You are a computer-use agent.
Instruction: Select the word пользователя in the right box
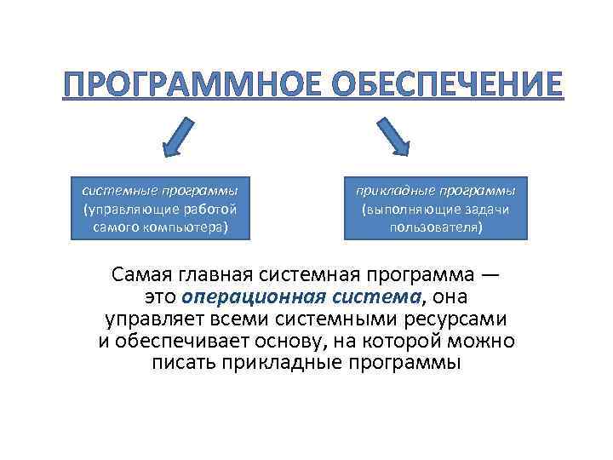point(434,228)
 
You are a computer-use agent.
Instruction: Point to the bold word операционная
point(238,297)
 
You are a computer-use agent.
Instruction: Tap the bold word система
point(376,297)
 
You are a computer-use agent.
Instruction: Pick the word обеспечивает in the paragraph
point(176,342)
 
